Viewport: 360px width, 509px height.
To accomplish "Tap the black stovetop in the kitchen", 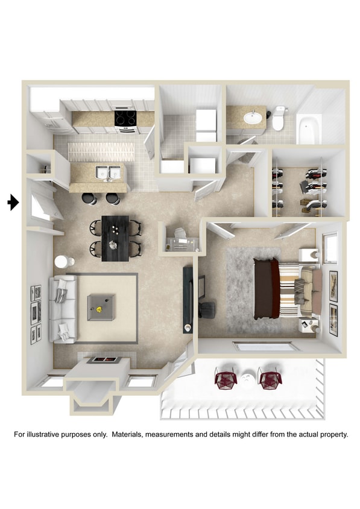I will point(125,118).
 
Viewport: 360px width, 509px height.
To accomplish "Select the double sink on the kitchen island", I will point(109,173).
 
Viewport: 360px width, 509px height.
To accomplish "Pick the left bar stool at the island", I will point(89,198).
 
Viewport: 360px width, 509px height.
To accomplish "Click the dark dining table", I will point(115,238).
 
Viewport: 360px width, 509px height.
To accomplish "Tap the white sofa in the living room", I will point(63,308).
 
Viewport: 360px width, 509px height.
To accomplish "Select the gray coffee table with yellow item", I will point(101,308).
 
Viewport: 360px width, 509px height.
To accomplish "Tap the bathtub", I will point(309,129).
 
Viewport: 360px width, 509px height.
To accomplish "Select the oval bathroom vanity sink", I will point(253,116).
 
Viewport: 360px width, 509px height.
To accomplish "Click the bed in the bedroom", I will point(286,288).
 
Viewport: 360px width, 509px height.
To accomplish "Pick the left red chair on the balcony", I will point(225,379).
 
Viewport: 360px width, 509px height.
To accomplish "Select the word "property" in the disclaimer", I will point(332,434).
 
